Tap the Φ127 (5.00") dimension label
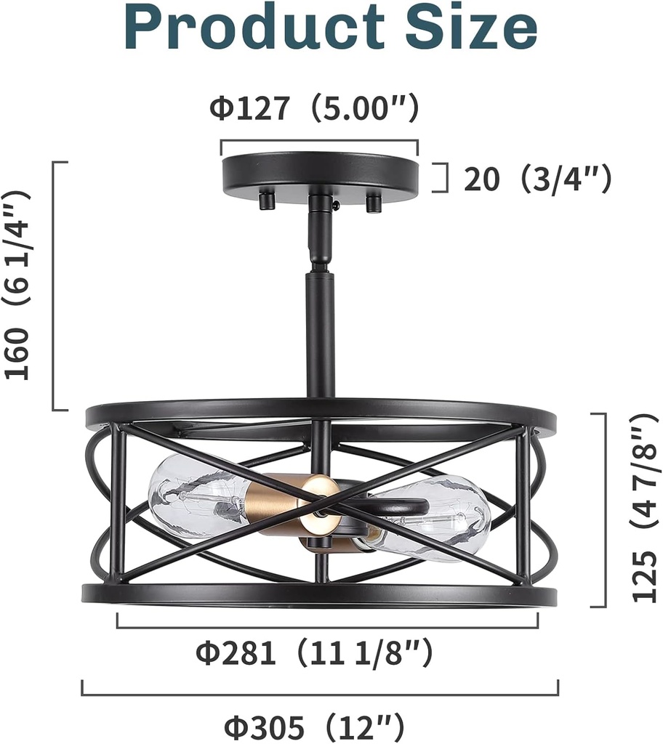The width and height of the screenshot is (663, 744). [315, 109]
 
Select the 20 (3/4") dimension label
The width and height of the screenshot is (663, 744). [537, 179]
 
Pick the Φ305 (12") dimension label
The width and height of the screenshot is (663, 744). [313, 726]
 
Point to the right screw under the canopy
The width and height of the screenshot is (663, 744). [374, 202]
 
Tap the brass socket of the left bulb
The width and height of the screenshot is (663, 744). [280, 501]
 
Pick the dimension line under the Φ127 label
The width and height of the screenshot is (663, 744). [320, 142]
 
